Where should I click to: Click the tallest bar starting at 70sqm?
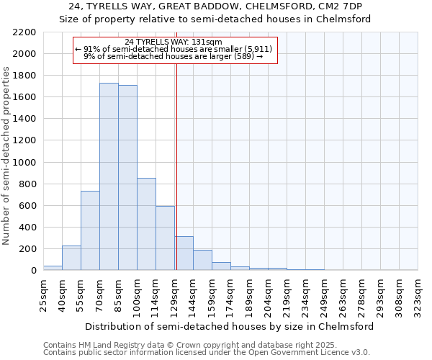pyautogui.click(x=109, y=176)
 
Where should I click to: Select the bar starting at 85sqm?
pyautogui.click(x=127, y=178)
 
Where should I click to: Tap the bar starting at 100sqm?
pyautogui.click(x=146, y=224)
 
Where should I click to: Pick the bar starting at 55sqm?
pyautogui.click(x=90, y=230)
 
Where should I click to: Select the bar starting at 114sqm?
pyautogui.click(x=165, y=238)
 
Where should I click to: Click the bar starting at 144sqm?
pyautogui.click(x=202, y=260)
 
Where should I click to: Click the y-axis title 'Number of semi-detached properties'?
pyautogui.click(x=6, y=156)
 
